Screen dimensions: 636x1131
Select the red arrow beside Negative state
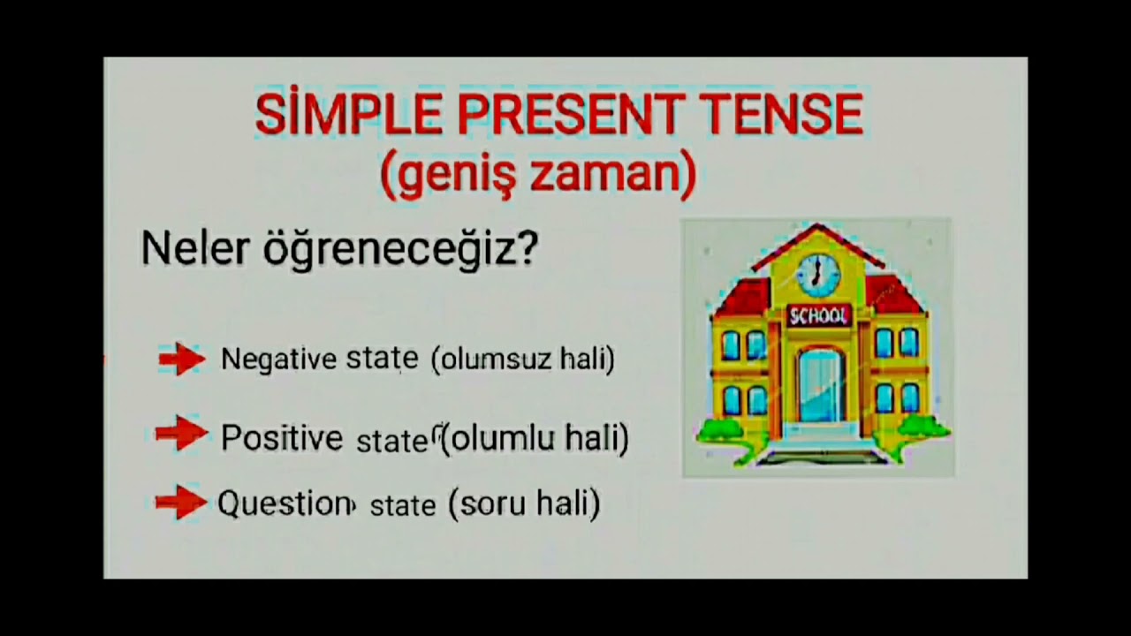pyautogui.click(x=181, y=359)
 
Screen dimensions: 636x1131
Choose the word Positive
pyautogui.click(x=281, y=436)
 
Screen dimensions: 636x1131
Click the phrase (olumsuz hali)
pyautogui.click(x=523, y=360)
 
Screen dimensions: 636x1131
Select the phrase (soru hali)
pyautogui.click(x=524, y=504)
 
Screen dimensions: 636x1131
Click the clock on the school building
pyautogui.click(x=818, y=274)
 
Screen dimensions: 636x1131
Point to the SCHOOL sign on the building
pyautogui.click(x=818, y=315)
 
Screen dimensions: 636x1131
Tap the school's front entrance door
pyautogui.click(x=819, y=386)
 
